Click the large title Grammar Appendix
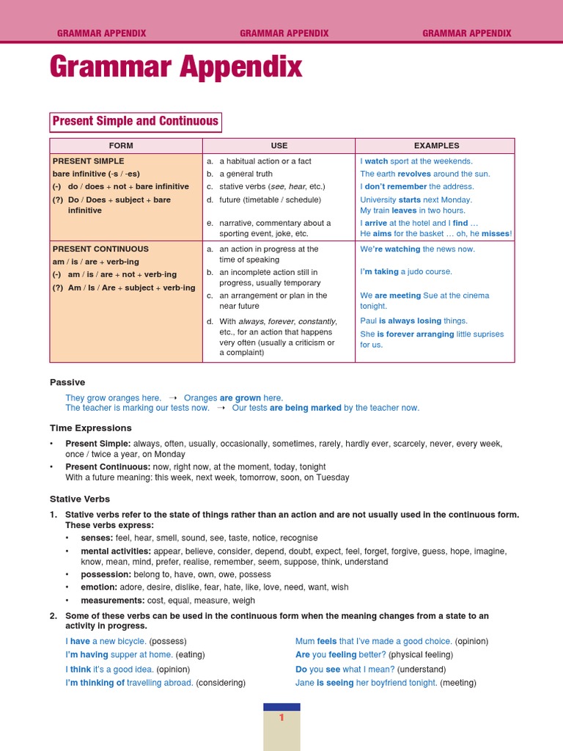(x=176, y=68)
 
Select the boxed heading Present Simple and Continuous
(x=136, y=122)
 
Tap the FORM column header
(x=121, y=146)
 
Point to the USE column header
(x=279, y=146)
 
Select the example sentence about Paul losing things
(x=413, y=320)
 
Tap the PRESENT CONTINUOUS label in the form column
(x=100, y=249)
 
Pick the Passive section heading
(x=67, y=382)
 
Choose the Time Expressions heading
(x=91, y=428)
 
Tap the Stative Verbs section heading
(x=80, y=499)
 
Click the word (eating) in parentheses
(x=191, y=655)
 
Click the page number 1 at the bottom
(x=281, y=718)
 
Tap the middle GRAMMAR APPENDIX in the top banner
(x=284, y=34)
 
